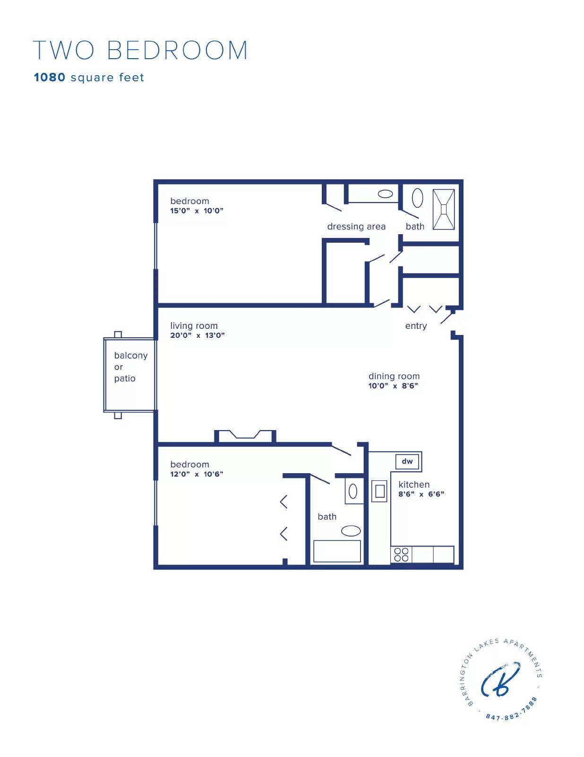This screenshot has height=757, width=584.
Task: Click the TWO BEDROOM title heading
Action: (x=140, y=51)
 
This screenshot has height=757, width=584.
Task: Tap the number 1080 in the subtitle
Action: (x=50, y=78)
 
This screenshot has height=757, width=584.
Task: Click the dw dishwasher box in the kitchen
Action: (x=407, y=461)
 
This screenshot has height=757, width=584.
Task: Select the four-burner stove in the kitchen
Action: (x=401, y=555)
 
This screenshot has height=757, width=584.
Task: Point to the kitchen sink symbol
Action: (x=379, y=491)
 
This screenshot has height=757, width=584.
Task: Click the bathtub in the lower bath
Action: (x=337, y=551)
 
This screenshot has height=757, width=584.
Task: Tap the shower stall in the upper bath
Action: (x=444, y=209)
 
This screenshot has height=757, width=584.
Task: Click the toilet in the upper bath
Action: (x=417, y=198)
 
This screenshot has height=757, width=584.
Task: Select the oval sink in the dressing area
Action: (x=386, y=194)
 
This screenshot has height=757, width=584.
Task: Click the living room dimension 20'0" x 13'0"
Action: (x=197, y=335)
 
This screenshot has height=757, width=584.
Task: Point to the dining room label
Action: (x=394, y=376)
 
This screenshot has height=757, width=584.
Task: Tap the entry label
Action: (x=416, y=326)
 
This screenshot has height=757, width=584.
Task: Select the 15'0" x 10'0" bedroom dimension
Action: (x=197, y=211)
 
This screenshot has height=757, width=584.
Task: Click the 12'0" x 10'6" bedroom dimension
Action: (x=197, y=474)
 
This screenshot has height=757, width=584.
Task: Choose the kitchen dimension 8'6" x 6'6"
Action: (x=421, y=494)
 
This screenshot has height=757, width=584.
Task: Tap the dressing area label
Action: (x=356, y=227)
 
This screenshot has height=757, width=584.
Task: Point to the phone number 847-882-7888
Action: (x=512, y=712)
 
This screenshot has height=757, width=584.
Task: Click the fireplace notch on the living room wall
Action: (x=245, y=435)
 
